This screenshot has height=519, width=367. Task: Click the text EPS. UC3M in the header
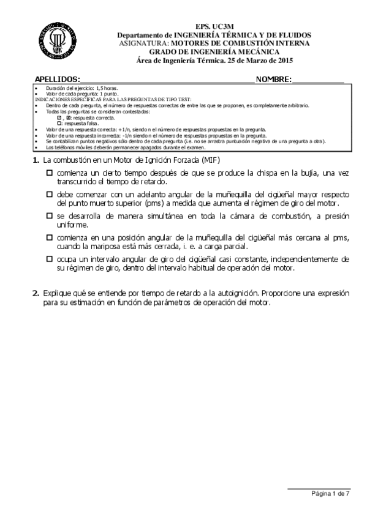214,28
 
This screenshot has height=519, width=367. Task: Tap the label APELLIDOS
57,80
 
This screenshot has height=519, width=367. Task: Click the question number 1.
35,160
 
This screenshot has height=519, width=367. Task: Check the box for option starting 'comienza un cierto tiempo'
50,174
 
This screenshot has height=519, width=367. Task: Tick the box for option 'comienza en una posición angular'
50,237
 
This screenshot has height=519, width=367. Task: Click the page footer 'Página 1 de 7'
331,493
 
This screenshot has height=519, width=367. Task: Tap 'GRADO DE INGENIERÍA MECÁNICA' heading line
214,52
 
